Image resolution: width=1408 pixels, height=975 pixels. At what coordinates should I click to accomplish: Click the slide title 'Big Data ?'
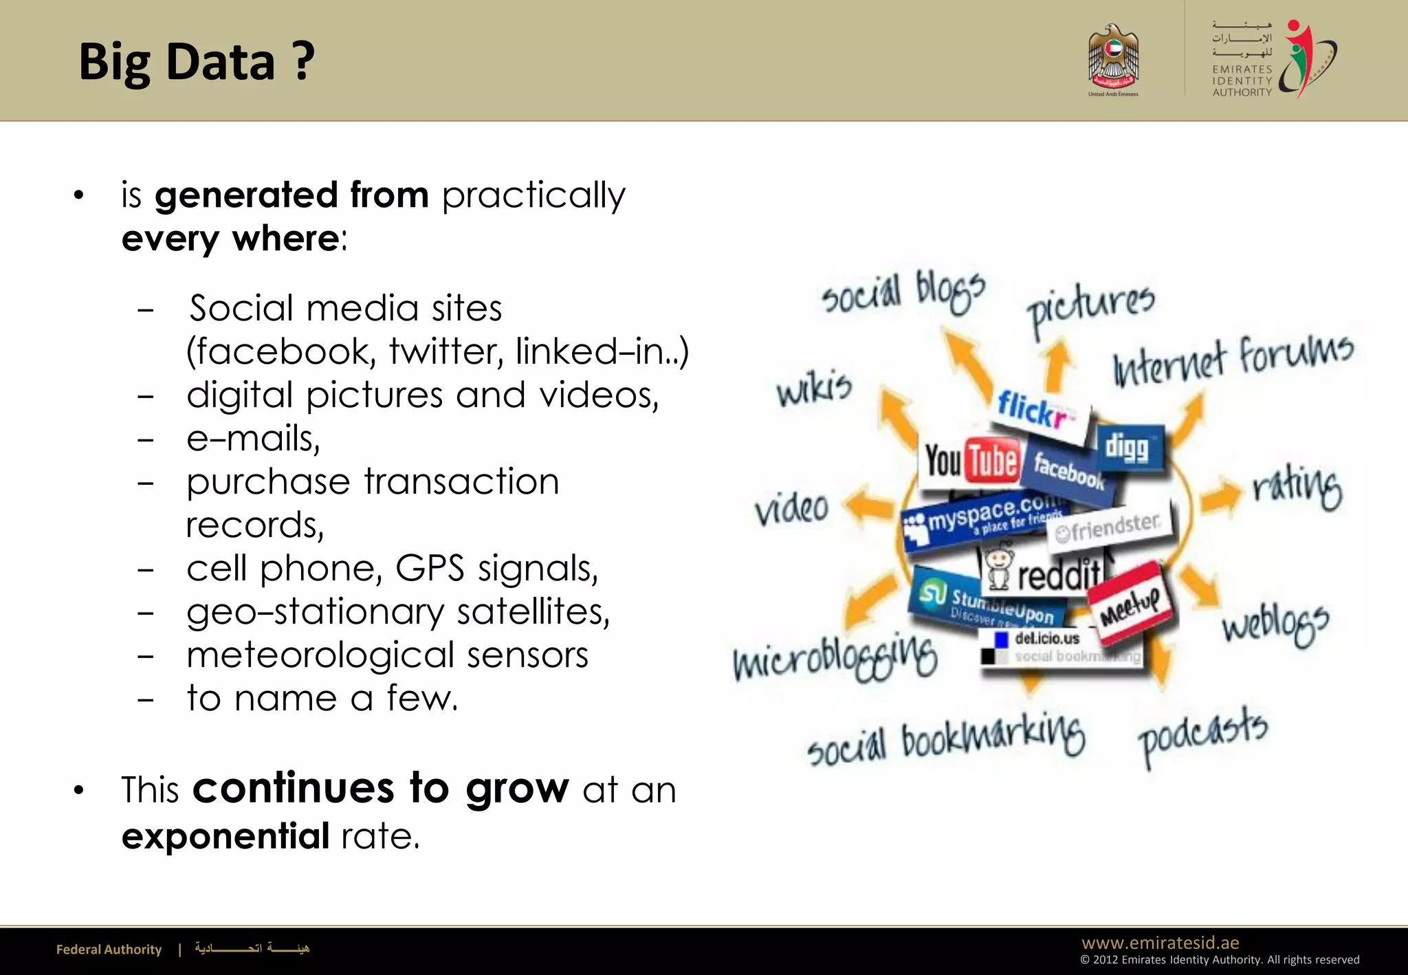pos(197,62)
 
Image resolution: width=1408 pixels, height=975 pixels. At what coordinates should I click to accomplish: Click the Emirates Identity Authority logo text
pos(1242,80)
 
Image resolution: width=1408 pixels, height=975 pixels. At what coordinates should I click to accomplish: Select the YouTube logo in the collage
pos(971,461)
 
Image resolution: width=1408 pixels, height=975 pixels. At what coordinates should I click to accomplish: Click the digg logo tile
pos(1127,448)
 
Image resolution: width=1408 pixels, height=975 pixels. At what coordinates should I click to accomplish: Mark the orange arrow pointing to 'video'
pos(869,506)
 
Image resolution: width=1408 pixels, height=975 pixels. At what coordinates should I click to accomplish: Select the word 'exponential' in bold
pos(225,836)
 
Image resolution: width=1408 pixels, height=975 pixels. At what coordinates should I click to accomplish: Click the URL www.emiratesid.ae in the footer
pos(1160,943)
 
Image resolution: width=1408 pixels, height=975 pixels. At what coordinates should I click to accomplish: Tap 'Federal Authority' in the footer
pos(109,950)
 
